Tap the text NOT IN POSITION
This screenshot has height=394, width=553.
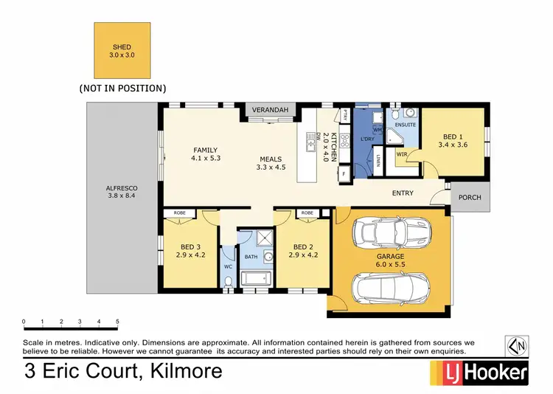[x=122, y=88]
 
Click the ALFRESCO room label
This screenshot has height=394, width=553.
[x=122, y=193]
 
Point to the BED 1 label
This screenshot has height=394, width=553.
[x=454, y=141]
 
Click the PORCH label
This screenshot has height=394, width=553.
[x=470, y=198]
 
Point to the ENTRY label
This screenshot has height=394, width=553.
[x=403, y=193]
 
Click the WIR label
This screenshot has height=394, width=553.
[x=402, y=154]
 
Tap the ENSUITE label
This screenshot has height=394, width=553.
[x=405, y=125]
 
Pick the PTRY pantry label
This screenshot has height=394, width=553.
[x=344, y=114]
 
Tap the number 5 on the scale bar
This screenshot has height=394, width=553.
[x=117, y=322]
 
